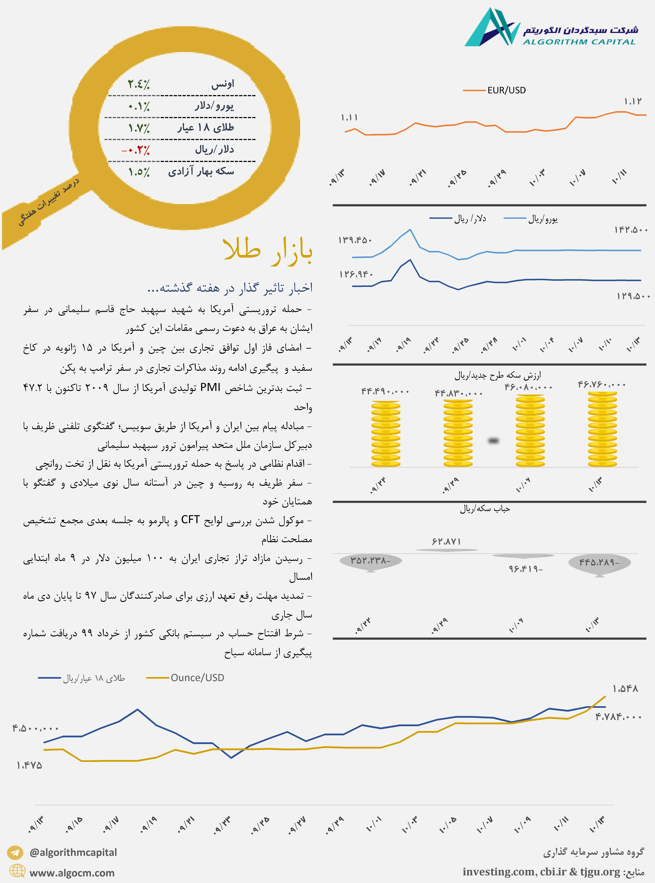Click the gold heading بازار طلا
[268, 251]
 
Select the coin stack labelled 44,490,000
[386, 434]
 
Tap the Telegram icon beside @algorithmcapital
[15, 852]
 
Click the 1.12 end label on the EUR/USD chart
[632, 101]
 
